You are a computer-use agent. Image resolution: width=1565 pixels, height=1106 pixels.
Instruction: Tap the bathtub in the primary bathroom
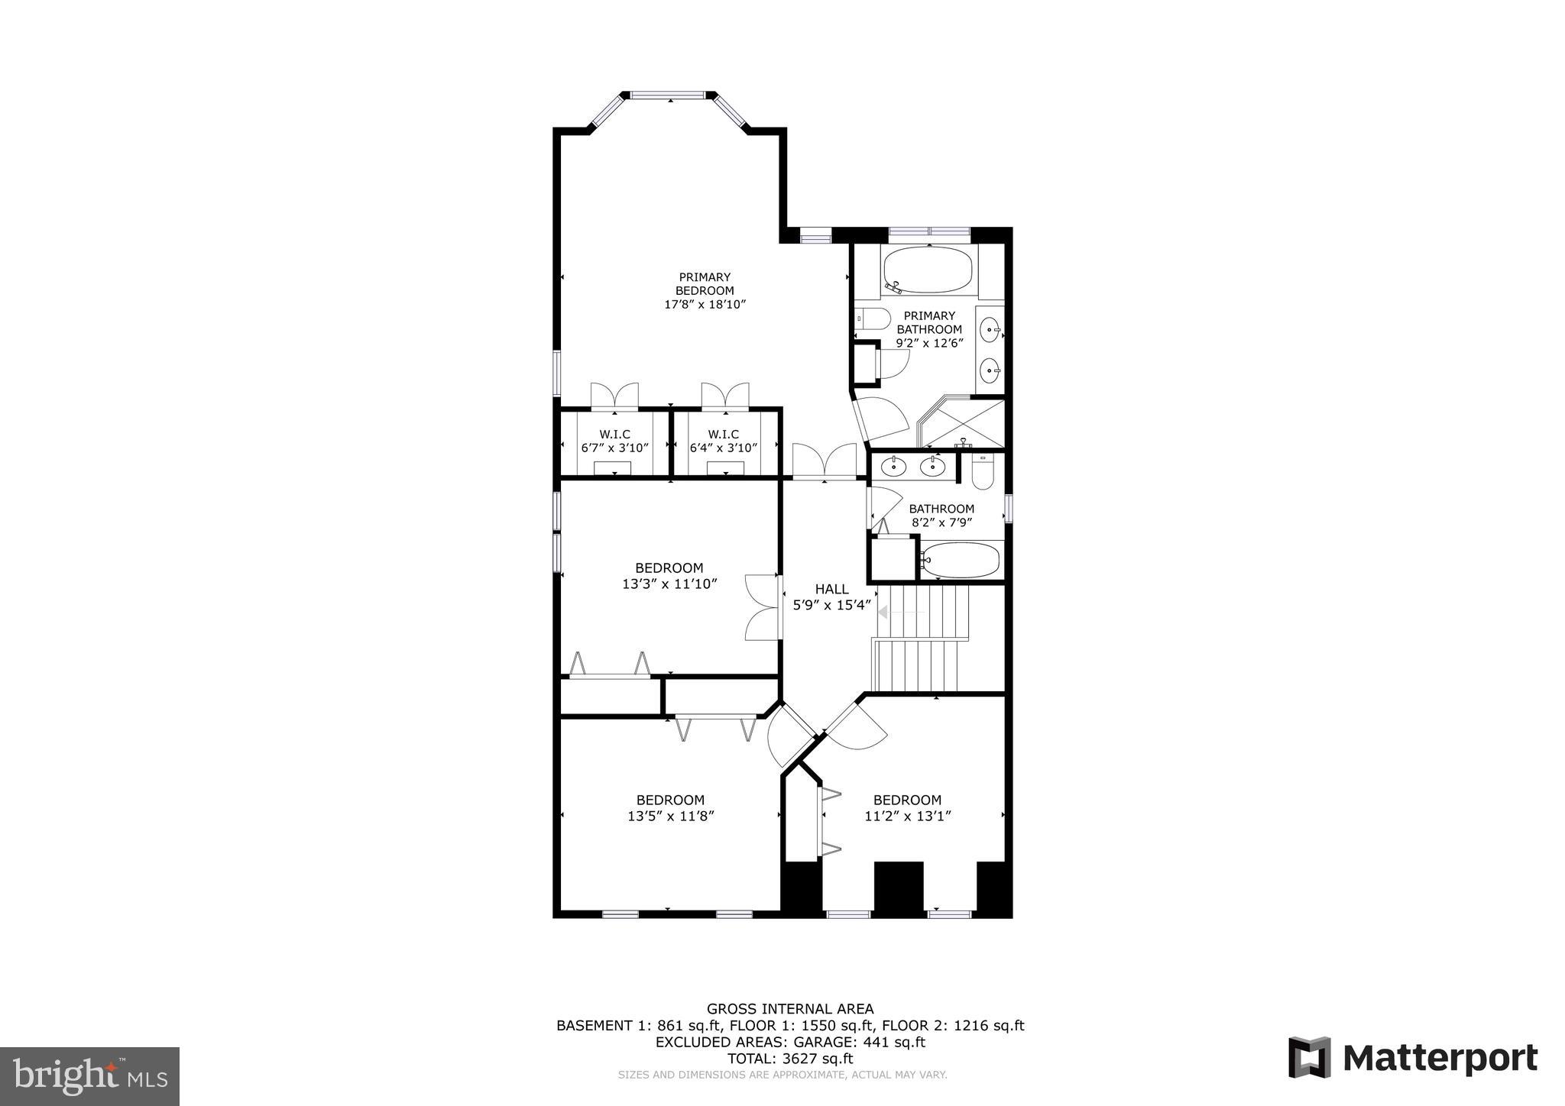(927, 270)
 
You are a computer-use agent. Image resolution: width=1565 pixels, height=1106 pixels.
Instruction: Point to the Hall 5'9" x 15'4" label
(831, 597)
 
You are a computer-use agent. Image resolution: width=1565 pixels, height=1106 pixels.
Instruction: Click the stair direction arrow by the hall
(884, 612)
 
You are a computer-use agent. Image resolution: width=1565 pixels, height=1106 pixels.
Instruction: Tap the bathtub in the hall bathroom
(960, 560)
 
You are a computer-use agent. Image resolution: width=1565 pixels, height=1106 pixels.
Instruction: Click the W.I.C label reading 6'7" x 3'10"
(614, 441)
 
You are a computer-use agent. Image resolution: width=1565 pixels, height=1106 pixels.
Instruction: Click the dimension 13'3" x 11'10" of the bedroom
(669, 584)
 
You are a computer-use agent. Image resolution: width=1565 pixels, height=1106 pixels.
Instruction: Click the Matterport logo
(1412, 1058)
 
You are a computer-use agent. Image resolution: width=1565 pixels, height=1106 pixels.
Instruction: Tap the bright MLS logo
(90, 1076)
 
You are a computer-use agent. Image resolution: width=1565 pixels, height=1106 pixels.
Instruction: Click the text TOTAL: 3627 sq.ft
(790, 1059)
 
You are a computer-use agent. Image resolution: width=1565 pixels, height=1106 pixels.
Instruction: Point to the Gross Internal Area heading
(790, 1009)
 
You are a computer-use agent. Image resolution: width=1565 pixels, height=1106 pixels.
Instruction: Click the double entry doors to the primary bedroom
(824, 461)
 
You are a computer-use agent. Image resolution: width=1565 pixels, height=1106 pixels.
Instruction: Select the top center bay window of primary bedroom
(669, 95)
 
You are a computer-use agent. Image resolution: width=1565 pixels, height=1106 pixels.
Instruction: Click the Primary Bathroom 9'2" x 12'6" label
(929, 329)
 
